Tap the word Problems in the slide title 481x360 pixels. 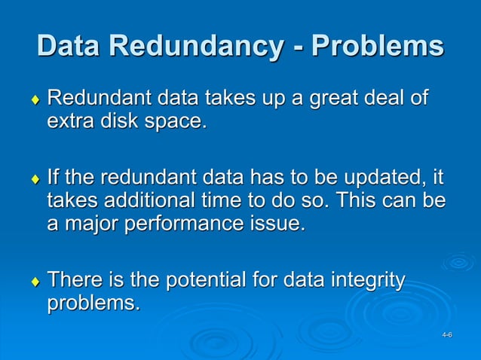[378, 46]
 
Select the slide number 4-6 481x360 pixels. [447, 334]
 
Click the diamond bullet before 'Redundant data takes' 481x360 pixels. [34, 101]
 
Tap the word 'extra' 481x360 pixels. [71, 121]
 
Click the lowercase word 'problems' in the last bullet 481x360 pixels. [93, 304]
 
